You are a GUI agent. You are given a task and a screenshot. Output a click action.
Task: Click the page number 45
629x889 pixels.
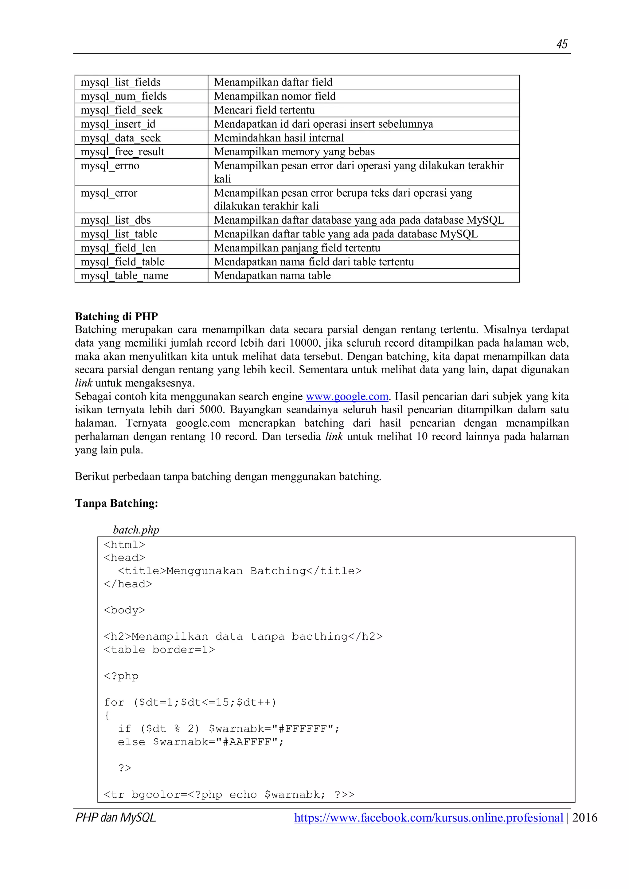[x=561, y=44]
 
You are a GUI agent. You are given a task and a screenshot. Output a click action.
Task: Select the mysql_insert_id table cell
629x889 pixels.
[x=118, y=124]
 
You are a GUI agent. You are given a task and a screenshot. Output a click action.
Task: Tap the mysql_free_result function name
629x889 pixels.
[x=122, y=152]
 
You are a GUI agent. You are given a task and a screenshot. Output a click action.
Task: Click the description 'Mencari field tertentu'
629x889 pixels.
[x=264, y=110]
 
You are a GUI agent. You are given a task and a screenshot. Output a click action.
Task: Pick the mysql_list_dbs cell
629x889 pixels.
[x=115, y=220]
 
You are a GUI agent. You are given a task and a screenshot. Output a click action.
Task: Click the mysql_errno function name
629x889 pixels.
[x=110, y=166]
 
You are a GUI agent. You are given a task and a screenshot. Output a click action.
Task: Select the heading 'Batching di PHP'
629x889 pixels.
[x=116, y=316]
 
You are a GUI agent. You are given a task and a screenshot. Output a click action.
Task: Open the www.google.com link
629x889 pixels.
[x=347, y=396]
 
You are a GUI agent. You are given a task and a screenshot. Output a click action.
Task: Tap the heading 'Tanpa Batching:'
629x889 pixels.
[x=116, y=503]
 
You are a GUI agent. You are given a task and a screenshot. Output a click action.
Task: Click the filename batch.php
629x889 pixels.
[x=136, y=530]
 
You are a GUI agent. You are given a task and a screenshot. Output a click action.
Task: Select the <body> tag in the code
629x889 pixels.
[x=124, y=610]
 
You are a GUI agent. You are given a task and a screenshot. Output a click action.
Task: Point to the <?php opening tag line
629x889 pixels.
[x=121, y=676]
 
